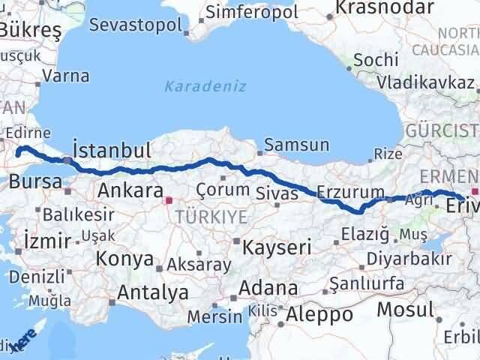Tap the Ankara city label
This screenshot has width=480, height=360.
130,190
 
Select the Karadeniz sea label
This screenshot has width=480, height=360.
205,86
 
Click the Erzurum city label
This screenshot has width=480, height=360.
350,191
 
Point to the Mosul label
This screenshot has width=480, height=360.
406,308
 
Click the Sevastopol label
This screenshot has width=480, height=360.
135,24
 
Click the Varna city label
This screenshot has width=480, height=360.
66,76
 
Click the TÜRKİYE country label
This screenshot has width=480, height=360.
200,217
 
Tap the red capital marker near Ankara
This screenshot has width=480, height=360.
169,200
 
